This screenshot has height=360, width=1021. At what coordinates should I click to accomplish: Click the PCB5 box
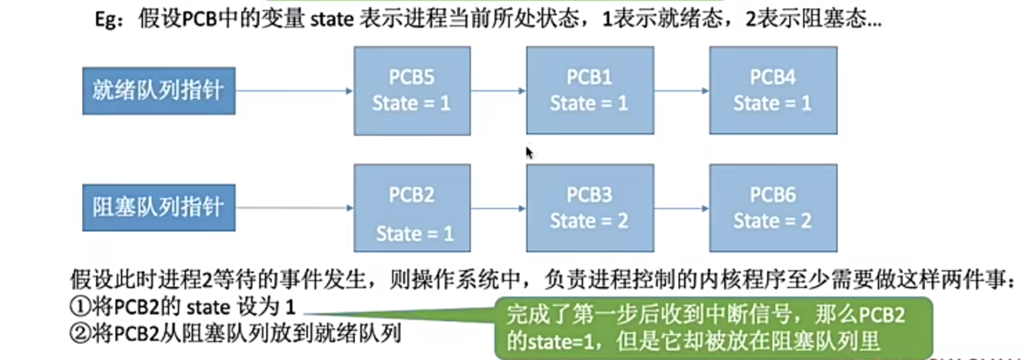412,90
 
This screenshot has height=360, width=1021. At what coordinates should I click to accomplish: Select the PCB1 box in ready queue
590,90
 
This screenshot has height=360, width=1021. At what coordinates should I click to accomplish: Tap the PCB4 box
773,90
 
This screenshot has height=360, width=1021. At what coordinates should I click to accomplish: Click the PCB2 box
412,208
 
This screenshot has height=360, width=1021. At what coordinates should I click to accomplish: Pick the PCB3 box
590,208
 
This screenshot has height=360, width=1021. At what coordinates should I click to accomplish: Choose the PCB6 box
773,208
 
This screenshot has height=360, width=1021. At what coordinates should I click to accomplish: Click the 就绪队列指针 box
159,91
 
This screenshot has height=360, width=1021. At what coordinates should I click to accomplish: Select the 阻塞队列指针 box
159,208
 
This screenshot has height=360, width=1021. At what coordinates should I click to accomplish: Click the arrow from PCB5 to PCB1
498,91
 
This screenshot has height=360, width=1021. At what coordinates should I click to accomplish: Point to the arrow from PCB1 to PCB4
681,91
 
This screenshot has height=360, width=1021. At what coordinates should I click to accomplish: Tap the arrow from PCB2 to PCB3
498,209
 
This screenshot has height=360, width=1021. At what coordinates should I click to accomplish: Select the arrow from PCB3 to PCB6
681,209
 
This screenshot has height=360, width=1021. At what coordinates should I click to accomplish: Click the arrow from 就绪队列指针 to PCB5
294,91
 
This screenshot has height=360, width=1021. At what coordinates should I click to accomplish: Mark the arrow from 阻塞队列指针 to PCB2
294,208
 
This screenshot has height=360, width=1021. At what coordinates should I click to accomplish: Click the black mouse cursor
529,152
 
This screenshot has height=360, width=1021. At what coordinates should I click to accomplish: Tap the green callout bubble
714,328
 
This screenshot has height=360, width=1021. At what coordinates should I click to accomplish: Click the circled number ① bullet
80,306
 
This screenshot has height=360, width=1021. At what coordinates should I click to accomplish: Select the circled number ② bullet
80,334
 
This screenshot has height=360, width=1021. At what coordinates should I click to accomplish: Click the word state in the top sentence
332,20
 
